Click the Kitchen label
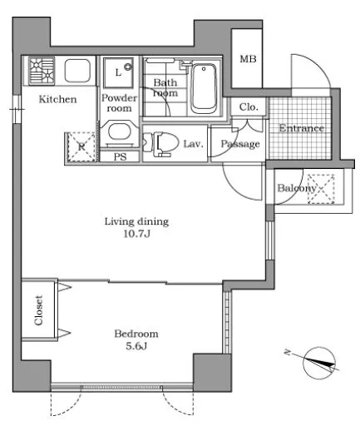tap(57, 99)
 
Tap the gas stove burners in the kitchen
tap(42, 71)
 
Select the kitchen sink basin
tap(77, 71)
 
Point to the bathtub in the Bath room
tap(204, 88)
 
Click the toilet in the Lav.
tap(160, 143)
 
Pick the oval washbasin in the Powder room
tap(119, 131)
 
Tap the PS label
tap(120, 157)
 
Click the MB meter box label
tap(248, 59)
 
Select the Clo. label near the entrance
tap(249, 106)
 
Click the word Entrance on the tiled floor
tap(301, 128)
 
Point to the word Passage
tap(240, 144)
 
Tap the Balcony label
tap(296, 188)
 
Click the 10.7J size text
tap(136, 234)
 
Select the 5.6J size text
tap(136, 346)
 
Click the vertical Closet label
tap(38, 310)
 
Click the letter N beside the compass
tap(288, 353)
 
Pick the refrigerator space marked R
tap(81, 147)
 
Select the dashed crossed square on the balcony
tap(321, 189)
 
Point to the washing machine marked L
tap(118, 72)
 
